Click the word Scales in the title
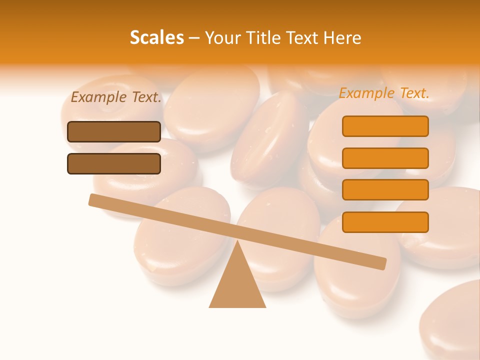156,37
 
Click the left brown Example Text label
116,97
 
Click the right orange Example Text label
384,93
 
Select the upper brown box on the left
114,131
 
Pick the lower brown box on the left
114,163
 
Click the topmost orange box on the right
385,126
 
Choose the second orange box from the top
385,158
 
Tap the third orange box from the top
385,189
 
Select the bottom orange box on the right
385,222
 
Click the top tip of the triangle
237,241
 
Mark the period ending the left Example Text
160,102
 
